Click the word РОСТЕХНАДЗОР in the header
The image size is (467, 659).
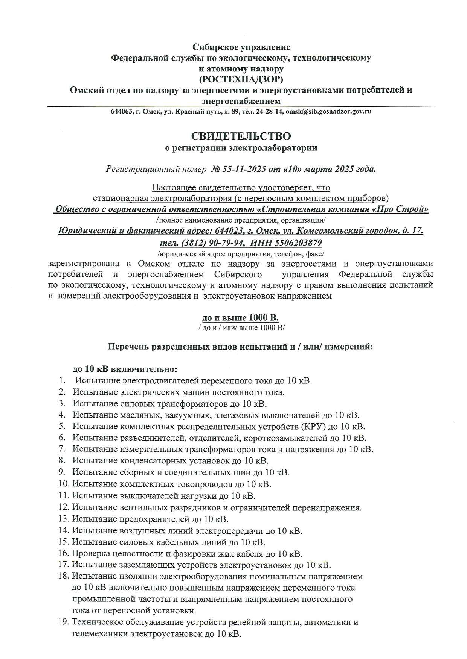(x=241, y=79)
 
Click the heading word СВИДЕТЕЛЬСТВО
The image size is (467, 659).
(x=241, y=136)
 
